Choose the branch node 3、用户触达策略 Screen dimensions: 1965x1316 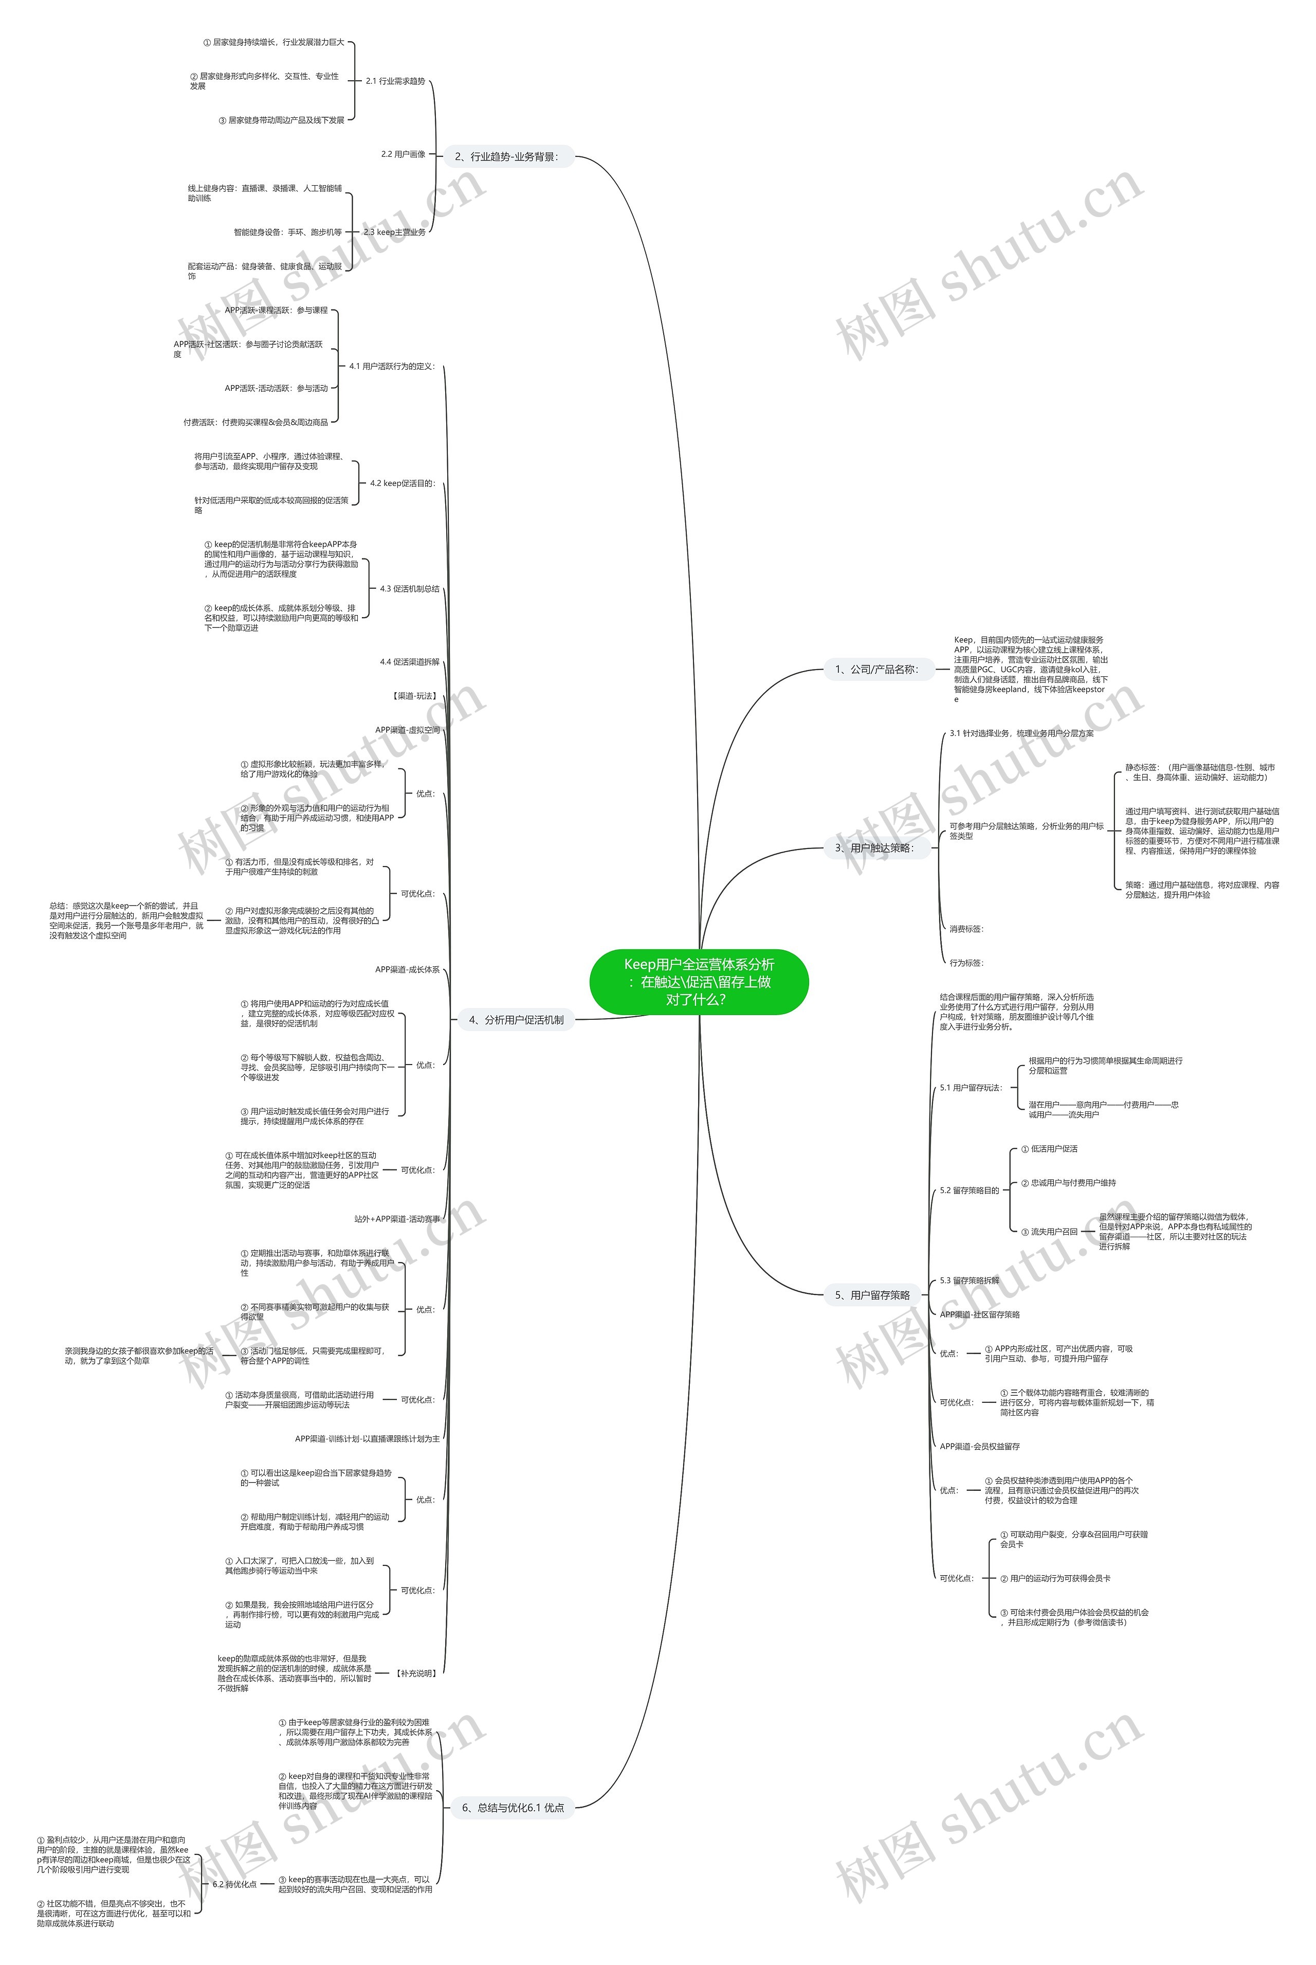[873, 848]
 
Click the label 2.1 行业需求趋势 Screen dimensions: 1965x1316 [395, 81]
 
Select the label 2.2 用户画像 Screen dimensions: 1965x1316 [403, 154]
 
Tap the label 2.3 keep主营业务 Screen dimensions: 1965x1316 [394, 232]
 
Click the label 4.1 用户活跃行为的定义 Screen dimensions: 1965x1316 [392, 366]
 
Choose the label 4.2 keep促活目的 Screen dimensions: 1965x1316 [402, 483]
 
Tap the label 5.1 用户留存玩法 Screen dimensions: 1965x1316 [970, 1088]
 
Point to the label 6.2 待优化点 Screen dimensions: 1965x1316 [234, 1884]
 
